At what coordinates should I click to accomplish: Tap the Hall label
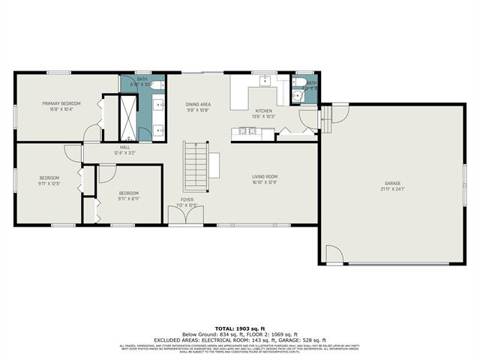124,147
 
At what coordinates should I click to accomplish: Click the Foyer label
185,200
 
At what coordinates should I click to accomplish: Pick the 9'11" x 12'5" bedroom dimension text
49,184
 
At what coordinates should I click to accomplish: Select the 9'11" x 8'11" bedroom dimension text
128,198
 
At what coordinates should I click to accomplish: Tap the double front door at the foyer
185,217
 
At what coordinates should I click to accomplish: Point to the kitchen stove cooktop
246,132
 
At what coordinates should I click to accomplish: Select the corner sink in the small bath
295,96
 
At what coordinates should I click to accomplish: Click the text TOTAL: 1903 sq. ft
239,328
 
